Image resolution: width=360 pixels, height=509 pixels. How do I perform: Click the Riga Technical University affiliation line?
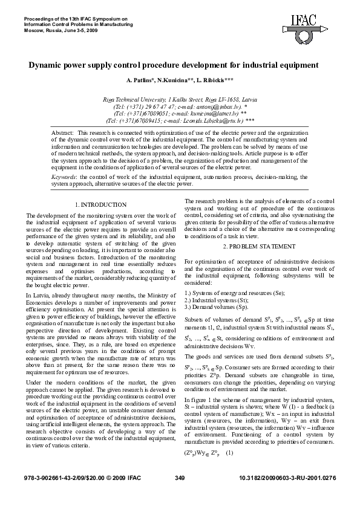pyautogui.click(x=180, y=98)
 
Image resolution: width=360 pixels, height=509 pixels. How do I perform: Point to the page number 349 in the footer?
pyautogui.click(x=179, y=494)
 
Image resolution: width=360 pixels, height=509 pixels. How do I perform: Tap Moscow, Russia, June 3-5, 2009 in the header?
pyautogui.click(x=61, y=29)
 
